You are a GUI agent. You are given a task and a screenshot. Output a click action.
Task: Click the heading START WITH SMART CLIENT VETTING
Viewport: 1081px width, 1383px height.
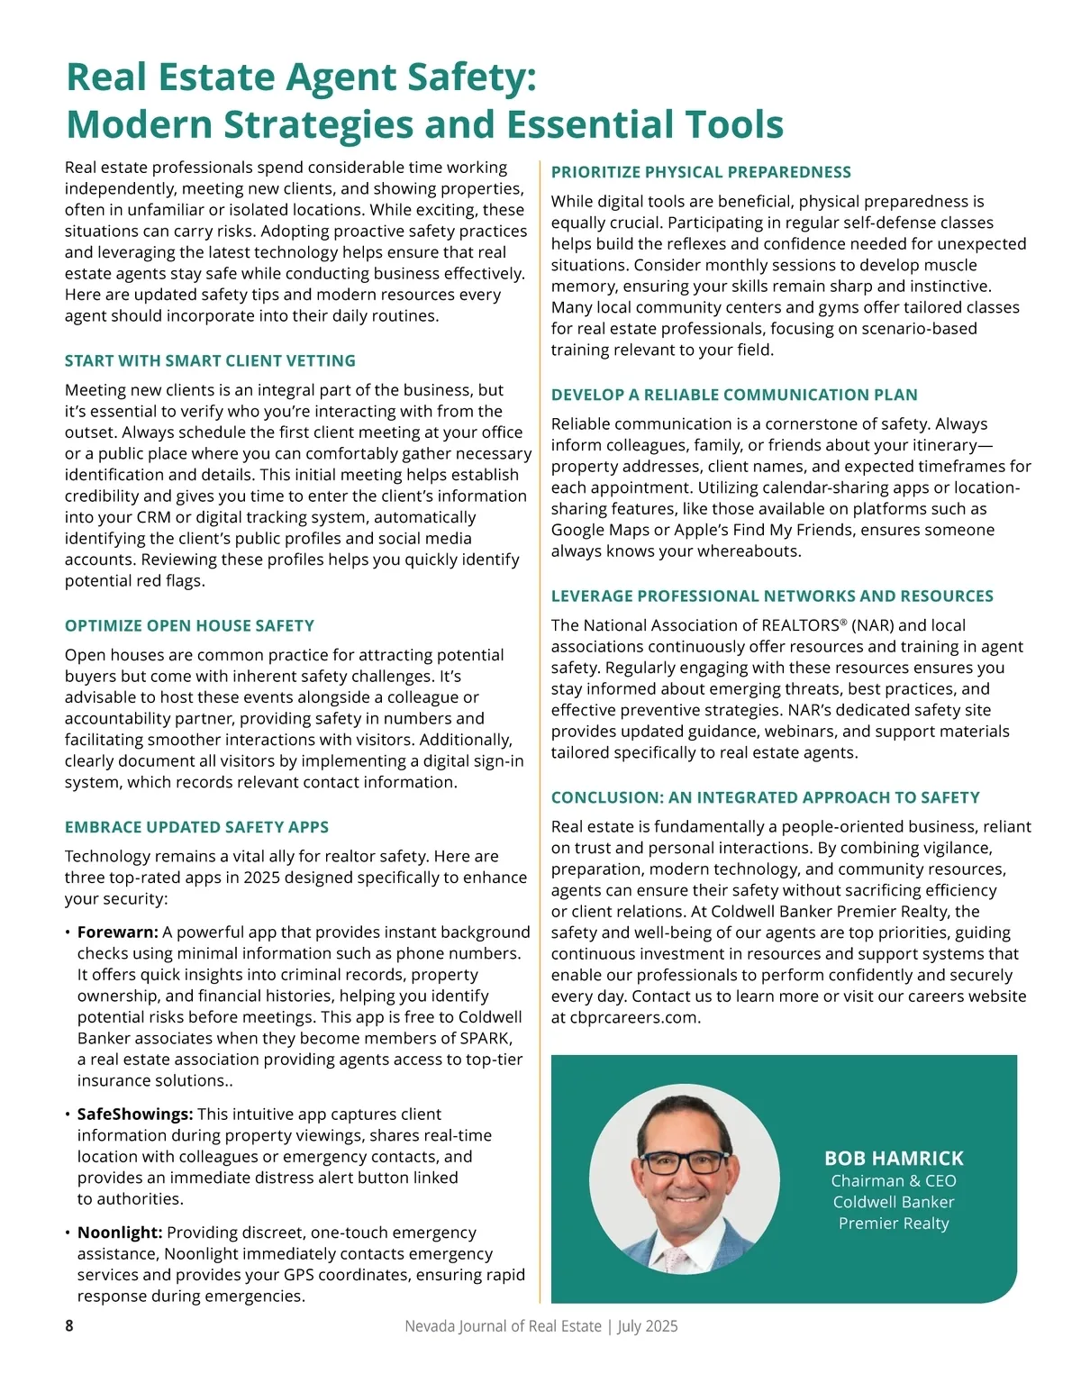coord(210,361)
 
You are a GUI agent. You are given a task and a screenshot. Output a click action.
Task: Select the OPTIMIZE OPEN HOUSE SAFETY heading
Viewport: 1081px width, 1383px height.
coord(189,626)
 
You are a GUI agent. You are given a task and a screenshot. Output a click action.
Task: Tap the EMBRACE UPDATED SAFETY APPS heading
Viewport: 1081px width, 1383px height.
coord(196,827)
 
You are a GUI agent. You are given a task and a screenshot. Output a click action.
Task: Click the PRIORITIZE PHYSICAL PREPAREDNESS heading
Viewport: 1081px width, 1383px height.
coord(701,172)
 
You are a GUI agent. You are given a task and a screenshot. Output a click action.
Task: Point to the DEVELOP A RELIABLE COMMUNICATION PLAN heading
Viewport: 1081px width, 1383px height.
coord(734,395)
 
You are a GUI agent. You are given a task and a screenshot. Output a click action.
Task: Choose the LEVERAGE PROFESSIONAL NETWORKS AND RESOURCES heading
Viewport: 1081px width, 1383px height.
coord(772,596)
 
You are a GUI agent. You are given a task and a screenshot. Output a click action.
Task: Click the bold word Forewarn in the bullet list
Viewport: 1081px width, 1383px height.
coord(117,933)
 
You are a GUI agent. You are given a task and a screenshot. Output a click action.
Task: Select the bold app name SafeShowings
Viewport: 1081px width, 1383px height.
coord(134,1115)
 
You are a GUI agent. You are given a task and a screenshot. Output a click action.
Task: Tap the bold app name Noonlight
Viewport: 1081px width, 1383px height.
coord(119,1233)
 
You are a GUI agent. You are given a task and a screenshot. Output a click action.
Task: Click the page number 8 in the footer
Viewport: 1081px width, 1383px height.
coord(69,1326)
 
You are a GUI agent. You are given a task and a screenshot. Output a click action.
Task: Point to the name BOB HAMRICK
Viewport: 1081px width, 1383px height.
coord(894,1159)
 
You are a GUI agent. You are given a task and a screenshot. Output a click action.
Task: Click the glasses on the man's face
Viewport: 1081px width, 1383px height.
coord(684,1161)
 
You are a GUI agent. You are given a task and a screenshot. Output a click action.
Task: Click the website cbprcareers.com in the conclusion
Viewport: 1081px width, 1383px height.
coord(634,1018)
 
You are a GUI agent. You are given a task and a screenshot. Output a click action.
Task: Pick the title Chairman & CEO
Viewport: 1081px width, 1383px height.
coord(894,1181)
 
